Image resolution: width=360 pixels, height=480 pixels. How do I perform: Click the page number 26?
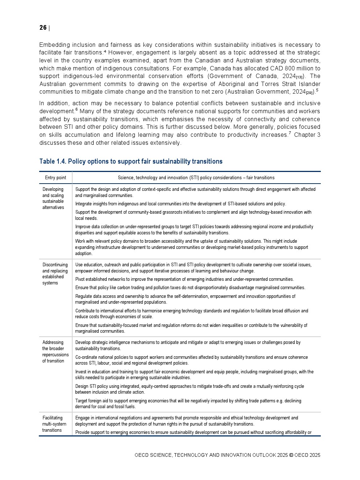pyautogui.click(x=43, y=28)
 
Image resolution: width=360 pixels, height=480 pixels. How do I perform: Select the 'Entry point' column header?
pyautogui.click(x=56, y=178)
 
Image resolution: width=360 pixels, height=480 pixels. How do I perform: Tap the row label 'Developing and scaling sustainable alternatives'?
pyautogui.click(x=53, y=198)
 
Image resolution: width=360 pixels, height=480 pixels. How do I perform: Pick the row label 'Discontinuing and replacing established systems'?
pyautogui.click(x=55, y=274)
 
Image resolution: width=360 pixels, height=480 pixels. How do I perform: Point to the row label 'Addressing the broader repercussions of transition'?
pyautogui.click(x=55, y=352)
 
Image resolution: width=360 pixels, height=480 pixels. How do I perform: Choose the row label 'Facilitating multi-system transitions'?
pyautogui.click(x=54, y=424)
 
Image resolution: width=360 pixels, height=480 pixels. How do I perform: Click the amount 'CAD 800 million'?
pyautogui.click(x=295, y=69)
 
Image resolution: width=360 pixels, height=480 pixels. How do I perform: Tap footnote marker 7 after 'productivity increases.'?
pyautogui.click(x=290, y=133)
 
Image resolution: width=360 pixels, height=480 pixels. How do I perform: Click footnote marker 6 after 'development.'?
pyautogui.click(x=77, y=110)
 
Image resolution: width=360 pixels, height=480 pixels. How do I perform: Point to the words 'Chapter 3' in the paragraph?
pyautogui.click(x=307, y=135)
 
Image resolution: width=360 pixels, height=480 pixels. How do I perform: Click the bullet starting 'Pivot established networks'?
pyautogui.click(x=184, y=279)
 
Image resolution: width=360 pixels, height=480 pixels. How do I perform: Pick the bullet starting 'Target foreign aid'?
pyautogui.click(x=188, y=404)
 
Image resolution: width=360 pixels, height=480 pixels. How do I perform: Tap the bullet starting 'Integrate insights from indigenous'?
pyautogui.click(x=180, y=204)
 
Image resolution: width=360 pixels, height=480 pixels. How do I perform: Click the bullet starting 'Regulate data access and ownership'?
pyautogui.click(x=185, y=299)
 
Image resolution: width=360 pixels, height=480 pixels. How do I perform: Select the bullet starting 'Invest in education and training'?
pyautogui.click(x=194, y=375)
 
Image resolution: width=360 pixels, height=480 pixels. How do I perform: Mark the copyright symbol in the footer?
pyautogui.click(x=291, y=455)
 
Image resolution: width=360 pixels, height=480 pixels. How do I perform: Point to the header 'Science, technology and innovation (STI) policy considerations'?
pyautogui.click(x=196, y=178)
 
